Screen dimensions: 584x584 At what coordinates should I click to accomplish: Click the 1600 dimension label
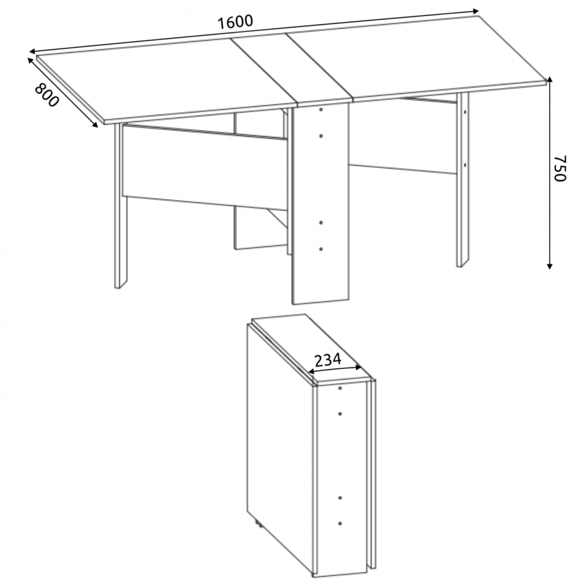tap(235, 22)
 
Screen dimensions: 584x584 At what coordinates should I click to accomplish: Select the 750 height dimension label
tap(560, 168)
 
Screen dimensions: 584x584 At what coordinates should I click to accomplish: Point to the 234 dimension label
tap(328, 360)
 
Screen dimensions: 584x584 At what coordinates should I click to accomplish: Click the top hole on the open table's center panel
tap(321, 110)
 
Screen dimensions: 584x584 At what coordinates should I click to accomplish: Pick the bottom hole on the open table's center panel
tap(321, 249)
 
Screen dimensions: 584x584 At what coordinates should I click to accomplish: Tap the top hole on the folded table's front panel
tap(340, 388)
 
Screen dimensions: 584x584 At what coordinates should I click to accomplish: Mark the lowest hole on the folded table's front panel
tap(340, 524)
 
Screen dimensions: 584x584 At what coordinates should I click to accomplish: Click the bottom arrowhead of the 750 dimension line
tap(550, 266)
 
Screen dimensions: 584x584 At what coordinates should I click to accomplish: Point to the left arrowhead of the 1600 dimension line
tap(33, 51)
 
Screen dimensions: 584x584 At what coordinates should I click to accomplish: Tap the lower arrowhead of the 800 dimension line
tap(95, 124)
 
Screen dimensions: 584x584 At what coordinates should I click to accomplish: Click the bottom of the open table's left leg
tap(121, 286)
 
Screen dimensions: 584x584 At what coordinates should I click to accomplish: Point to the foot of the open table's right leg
tap(463, 265)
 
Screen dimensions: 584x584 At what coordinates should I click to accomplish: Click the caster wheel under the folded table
tap(258, 525)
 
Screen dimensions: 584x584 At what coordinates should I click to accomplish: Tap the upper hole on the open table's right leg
tap(465, 111)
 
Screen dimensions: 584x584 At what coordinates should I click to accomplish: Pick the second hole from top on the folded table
tap(340, 414)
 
